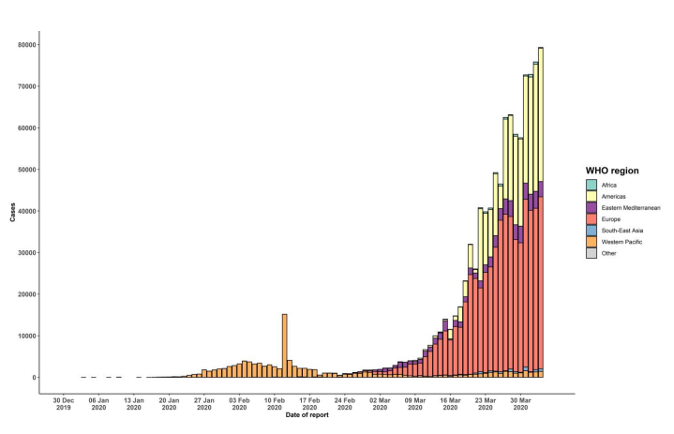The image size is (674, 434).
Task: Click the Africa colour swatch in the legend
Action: coord(592,185)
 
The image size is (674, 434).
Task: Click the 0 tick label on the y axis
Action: coord(34,378)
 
